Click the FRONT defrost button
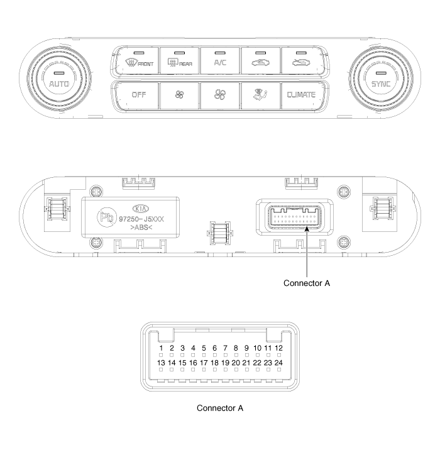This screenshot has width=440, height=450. coord(136,61)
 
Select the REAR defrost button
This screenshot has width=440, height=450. coord(179,61)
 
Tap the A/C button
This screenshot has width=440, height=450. coord(220,61)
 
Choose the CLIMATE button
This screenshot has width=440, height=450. coord(302,96)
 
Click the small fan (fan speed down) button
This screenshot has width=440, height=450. coord(179,96)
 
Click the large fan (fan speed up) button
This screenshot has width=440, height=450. coord(220,96)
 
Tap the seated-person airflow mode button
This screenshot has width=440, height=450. coord(261,96)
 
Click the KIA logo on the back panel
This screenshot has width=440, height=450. coord(141,209)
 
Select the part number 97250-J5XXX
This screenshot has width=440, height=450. coord(141,219)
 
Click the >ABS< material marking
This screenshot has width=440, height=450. coord(141,228)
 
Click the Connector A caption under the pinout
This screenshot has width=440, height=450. coord(220,408)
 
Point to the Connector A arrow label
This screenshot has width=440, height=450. coord(307,283)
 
